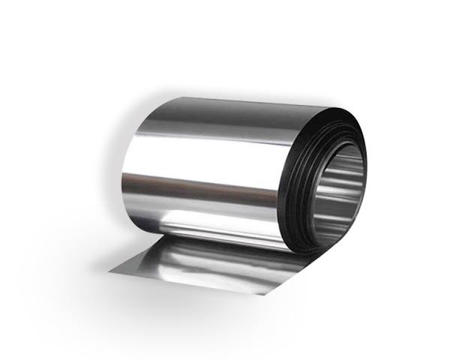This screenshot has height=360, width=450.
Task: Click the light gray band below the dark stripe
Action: pos(195,206)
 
